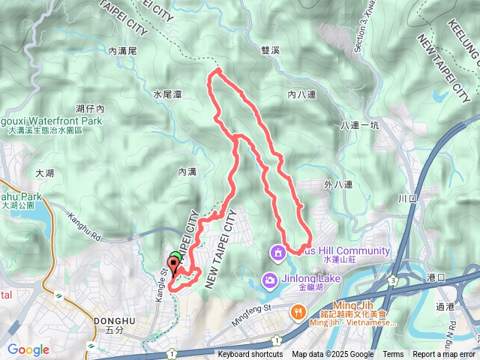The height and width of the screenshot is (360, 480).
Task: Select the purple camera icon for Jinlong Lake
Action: tap(268, 280)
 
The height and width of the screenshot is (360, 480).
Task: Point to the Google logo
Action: tap(28, 349)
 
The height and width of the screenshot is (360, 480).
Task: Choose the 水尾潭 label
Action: tap(167, 94)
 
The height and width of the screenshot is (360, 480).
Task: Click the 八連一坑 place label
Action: tap(361, 125)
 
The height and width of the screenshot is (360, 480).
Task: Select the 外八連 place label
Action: tap(339, 182)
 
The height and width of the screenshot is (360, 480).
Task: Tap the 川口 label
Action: tap(408, 199)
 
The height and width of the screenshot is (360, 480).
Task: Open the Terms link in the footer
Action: tap(393, 355)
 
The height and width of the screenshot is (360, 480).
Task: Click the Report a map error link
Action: tap(445, 355)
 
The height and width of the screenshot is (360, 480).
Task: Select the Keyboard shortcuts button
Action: tap(250, 355)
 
